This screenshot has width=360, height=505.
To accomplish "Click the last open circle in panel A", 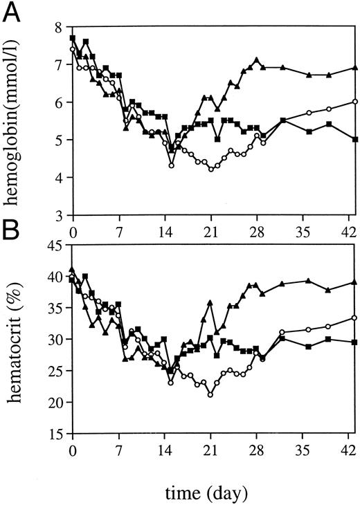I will pyautogui.click(x=354, y=102).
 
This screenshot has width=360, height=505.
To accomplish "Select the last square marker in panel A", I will pyautogui.click(x=354, y=139).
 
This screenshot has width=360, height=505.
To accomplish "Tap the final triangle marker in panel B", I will pyautogui.click(x=354, y=282).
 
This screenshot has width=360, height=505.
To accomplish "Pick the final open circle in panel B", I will pyautogui.click(x=354, y=318).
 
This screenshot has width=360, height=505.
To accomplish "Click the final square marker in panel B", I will pyautogui.click(x=354, y=342).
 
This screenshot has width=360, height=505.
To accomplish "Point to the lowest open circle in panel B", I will pyautogui.click(x=210, y=395).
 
